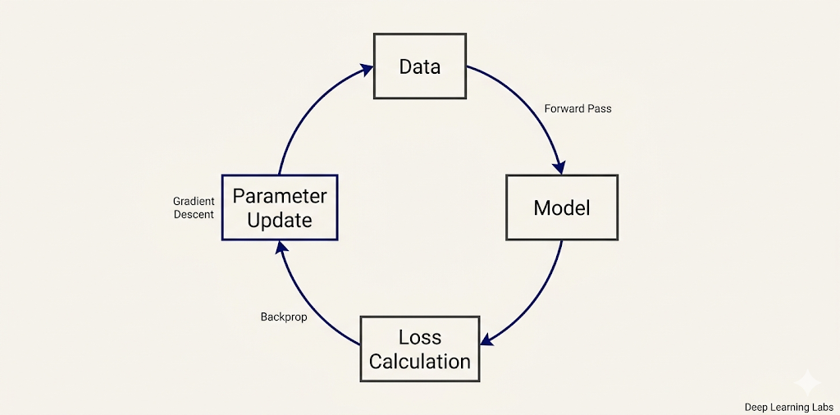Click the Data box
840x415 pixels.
(420, 66)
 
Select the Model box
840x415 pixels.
(562, 207)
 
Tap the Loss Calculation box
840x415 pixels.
(420, 349)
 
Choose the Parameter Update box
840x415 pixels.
(279, 207)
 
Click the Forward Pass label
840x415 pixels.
(577, 108)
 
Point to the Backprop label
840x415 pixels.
(284, 317)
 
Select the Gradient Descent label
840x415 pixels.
(194, 207)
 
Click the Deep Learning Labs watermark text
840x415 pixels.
(788, 407)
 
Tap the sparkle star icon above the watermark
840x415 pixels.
(807, 382)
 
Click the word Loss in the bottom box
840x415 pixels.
(420, 337)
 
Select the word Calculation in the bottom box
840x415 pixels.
(420, 362)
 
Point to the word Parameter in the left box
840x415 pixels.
(279, 196)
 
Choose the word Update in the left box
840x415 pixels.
(279, 220)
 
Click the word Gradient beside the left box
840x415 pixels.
(194, 201)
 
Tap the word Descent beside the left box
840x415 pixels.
(194, 215)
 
